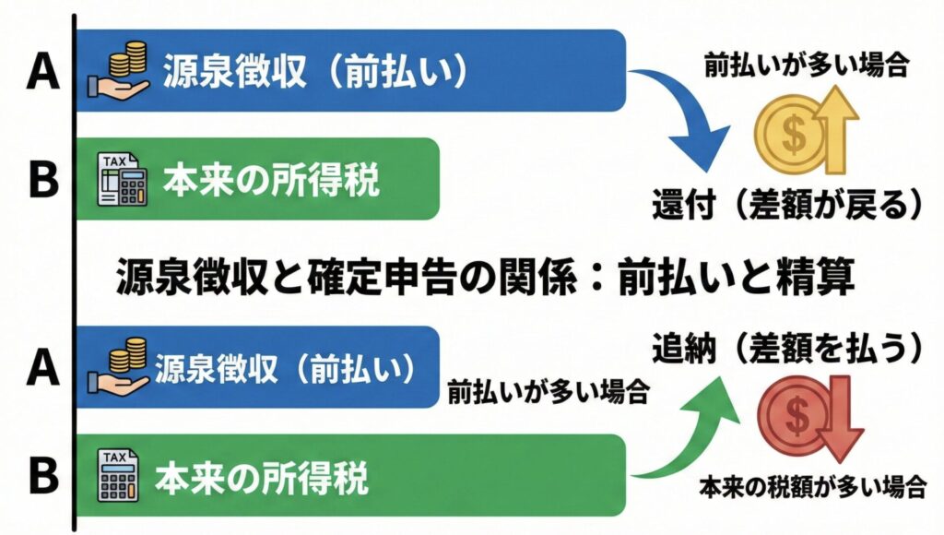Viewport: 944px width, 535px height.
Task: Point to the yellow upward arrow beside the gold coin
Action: coord(838,130)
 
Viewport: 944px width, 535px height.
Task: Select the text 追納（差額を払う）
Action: coord(787,348)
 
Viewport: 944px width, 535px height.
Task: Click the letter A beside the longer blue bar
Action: coord(41,72)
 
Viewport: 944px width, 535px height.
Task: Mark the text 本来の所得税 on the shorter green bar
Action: coord(271,181)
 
